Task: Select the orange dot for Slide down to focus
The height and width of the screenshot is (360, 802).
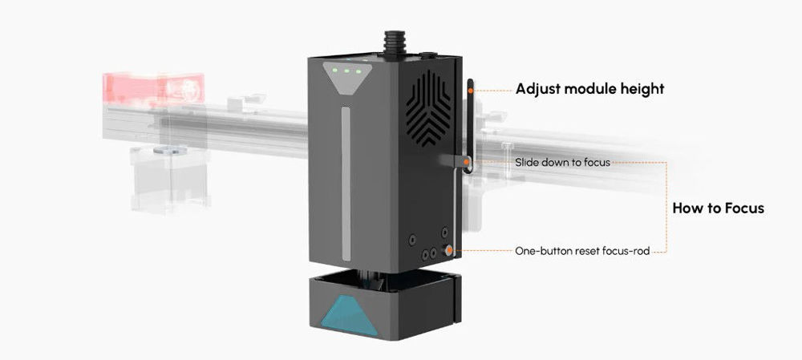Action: tap(467, 163)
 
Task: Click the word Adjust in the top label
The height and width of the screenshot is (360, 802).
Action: tap(537, 89)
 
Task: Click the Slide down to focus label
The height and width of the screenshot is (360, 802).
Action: tap(562, 163)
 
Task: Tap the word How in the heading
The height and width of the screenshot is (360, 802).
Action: tap(688, 208)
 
